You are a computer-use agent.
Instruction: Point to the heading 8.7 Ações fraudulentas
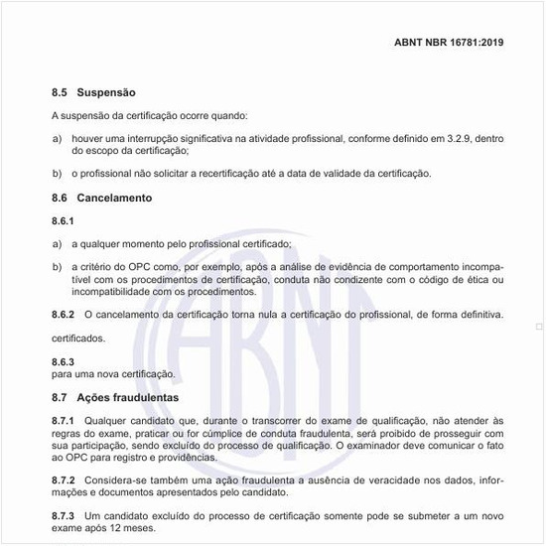tap(114, 397)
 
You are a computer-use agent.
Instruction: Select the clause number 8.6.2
tap(64, 315)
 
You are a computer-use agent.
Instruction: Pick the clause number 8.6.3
tap(64, 362)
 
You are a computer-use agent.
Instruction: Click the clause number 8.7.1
tap(64, 420)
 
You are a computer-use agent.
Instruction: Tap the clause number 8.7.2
tap(64, 479)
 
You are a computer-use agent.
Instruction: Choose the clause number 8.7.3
tap(64, 516)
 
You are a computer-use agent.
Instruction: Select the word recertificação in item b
tap(250, 174)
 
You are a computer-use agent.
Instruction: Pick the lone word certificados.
tap(77, 339)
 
